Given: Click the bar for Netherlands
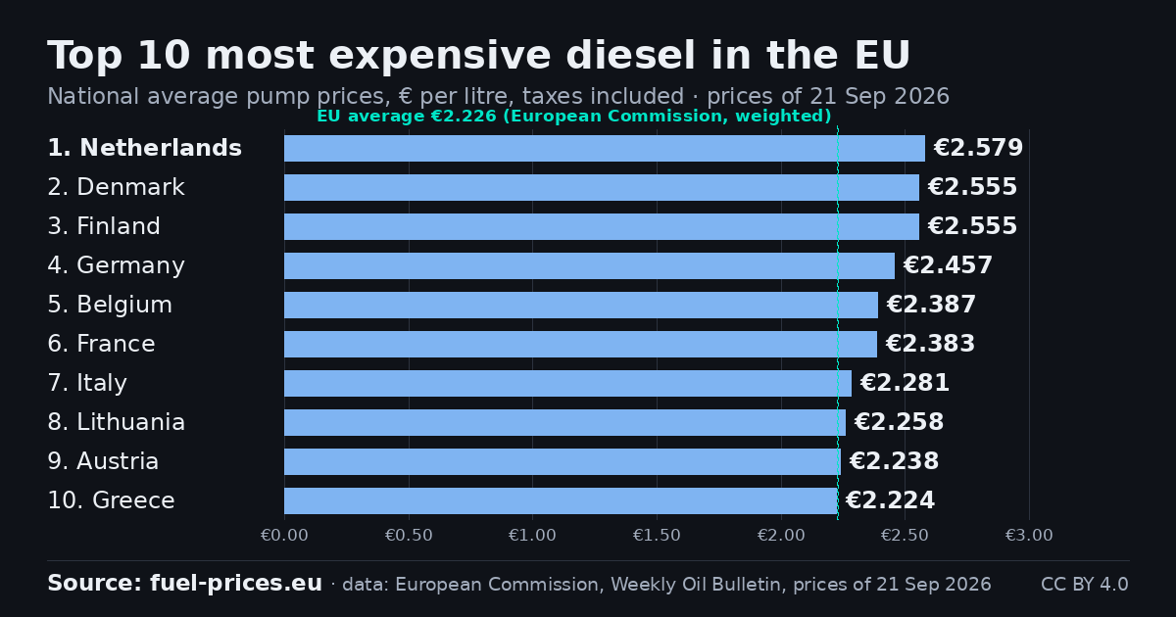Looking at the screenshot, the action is pyautogui.click(x=605, y=148).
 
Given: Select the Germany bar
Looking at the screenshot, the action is pyautogui.click(x=589, y=265).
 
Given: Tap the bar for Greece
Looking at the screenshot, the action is pyautogui.click(x=561, y=500).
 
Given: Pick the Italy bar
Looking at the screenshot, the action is pyautogui.click(x=567, y=383).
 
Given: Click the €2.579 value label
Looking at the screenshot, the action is pyautogui.click(x=978, y=148).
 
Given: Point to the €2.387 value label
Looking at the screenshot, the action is pyautogui.click(x=931, y=305).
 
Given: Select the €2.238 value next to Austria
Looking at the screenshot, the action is pyautogui.click(x=894, y=461).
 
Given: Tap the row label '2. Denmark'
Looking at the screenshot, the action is pyautogui.click(x=116, y=187).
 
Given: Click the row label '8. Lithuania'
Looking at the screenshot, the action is pyautogui.click(x=116, y=422).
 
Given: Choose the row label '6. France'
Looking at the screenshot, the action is pyautogui.click(x=101, y=344).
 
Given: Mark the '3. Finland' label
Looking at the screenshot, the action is pyautogui.click(x=104, y=226).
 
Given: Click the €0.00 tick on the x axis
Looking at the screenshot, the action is pyautogui.click(x=284, y=535).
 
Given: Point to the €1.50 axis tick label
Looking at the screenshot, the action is pyautogui.click(x=657, y=535).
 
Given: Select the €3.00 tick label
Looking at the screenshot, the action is pyautogui.click(x=1029, y=535).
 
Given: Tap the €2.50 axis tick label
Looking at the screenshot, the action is pyautogui.click(x=905, y=535).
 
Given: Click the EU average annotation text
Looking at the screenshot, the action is pyautogui.click(x=574, y=116).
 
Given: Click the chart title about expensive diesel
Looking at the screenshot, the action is pyautogui.click(x=478, y=55).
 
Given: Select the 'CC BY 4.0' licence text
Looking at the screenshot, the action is pyautogui.click(x=1085, y=584).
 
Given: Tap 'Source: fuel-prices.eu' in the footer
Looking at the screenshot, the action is pyautogui.click(x=185, y=584).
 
